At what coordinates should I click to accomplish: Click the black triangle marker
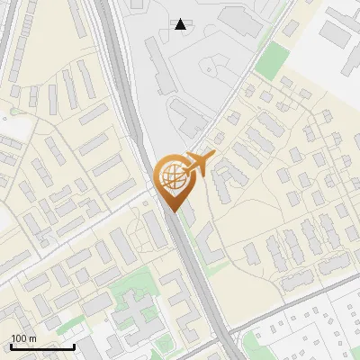(181, 24)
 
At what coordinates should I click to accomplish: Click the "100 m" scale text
(22, 338)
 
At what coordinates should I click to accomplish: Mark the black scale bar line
(41, 346)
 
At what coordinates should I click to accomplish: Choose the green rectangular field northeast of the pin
(271, 60)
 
